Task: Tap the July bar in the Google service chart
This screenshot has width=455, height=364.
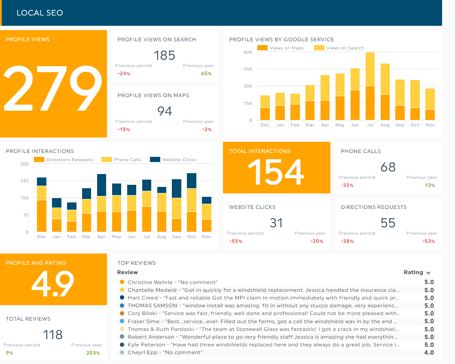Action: [x=370, y=86]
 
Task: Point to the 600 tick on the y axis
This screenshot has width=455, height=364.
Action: [x=247, y=52]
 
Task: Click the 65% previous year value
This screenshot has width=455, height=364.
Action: [x=206, y=73]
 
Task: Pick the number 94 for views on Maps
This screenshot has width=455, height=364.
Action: [x=165, y=111]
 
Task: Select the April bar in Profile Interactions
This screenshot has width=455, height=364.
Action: [x=101, y=203]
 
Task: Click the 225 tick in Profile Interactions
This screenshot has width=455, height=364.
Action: [x=24, y=181]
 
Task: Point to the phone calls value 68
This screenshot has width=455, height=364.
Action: [x=388, y=167]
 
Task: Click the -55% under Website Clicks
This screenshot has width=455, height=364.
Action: [x=235, y=241]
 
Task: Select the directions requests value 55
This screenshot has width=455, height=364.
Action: [x=388, y=223]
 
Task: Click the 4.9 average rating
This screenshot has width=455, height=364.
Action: [x=53, y=284]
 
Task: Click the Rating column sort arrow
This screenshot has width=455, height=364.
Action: [x=428, y=273]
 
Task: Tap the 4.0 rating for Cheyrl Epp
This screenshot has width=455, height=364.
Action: [x=429, y=352]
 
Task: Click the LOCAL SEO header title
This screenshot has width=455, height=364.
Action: [x=40, y=13]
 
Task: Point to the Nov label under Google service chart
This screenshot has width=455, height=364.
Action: [x=430, y=125]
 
